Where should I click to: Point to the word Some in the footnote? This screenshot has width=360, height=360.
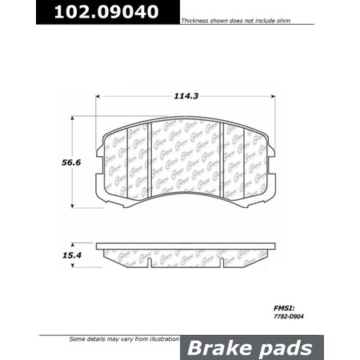(78, 340)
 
